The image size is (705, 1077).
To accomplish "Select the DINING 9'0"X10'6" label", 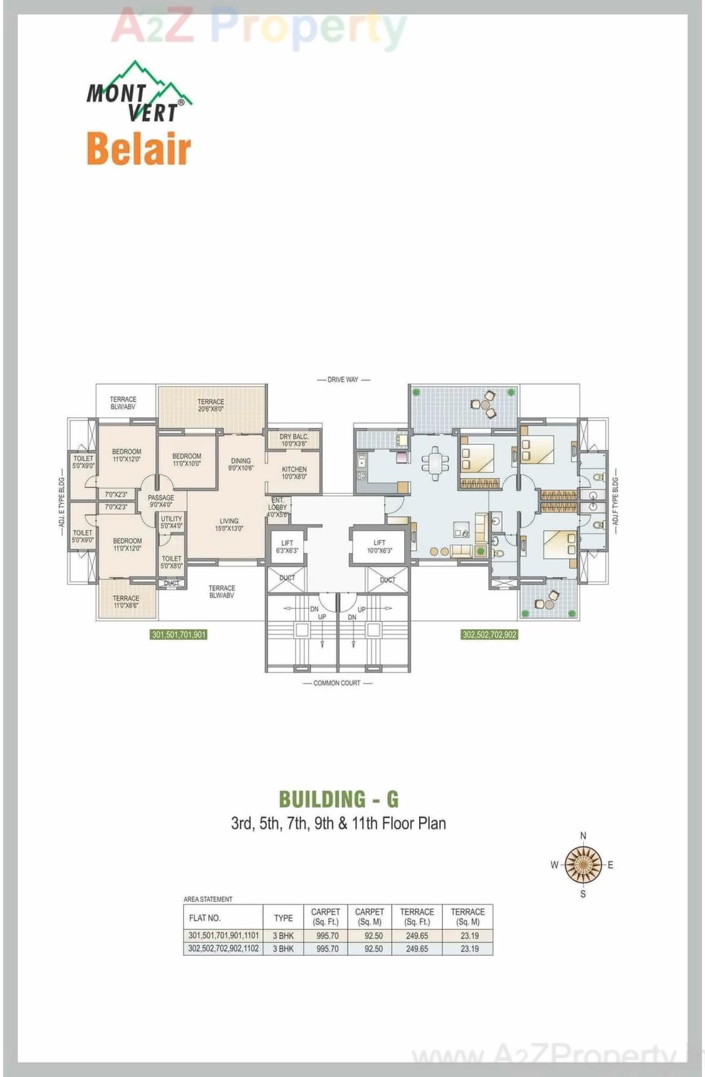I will [x=241, y=464].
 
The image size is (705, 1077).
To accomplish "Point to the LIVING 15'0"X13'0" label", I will [x=229, y=525].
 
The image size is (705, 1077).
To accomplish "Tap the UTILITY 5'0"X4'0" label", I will [x=171, y=522].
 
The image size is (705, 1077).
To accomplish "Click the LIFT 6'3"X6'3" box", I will [x=287, y=547].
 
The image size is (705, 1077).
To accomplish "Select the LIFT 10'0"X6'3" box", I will [x=379, y=546].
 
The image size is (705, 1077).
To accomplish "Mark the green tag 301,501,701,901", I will [x=179, y=635].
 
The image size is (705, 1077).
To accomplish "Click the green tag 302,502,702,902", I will [x=489, y=635].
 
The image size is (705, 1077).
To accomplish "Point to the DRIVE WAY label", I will [x=343, y=379].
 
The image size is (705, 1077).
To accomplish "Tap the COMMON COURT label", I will [x=336, y=683].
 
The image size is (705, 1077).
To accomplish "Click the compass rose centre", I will [x=583, y=864].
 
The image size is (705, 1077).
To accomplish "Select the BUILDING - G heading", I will [x=338, y=799].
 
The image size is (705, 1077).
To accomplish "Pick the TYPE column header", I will [x=283, y=918].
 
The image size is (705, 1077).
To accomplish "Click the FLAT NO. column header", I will [x=204, y=918].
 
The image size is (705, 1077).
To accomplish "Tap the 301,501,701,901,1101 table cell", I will [x=224, y=935].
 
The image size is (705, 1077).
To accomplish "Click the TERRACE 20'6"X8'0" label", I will [x=211, y=405].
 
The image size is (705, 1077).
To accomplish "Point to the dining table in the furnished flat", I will [x=436, y=462].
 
